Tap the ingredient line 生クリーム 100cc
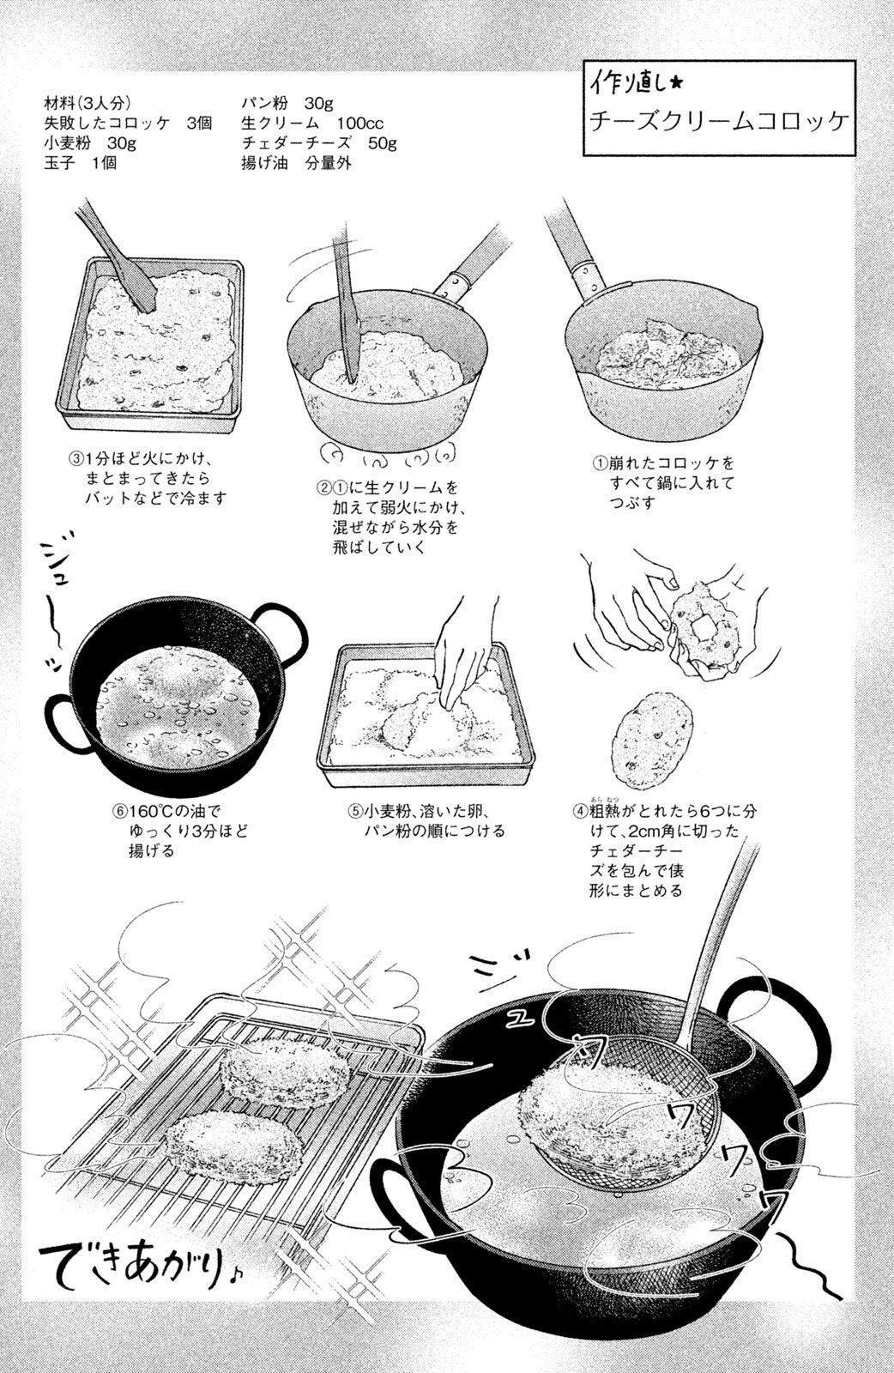click(x=312, y=124)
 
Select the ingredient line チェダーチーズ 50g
click(x=319, y=142)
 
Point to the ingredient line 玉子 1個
click(x=81, y=163)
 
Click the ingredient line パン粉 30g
click(x=287, y=103)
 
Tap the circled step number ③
click(x=76, y=458)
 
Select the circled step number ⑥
click(x=119, y=811)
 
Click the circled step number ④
click(x=580, y=811)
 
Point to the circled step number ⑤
click(x=355, y=811)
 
